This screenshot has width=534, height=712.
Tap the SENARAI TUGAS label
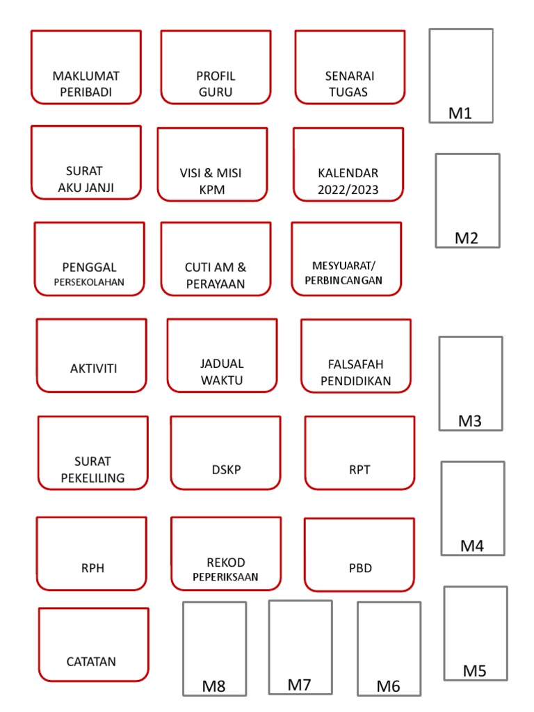tap(349, 83)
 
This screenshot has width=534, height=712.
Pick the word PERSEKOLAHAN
tap(90, 283)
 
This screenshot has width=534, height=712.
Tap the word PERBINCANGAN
tap(343, 281)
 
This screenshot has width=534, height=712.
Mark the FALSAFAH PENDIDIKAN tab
tap(356, 372)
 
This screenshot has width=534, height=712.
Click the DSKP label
tap(226, 469)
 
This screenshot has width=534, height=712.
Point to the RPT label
tap(359, 469)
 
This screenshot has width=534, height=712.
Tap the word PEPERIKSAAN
tap(226, 577)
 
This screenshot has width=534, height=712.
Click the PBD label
tap(359, 568)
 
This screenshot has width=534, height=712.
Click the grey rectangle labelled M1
tap(461, 76)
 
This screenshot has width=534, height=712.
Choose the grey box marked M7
tap(300, 647)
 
